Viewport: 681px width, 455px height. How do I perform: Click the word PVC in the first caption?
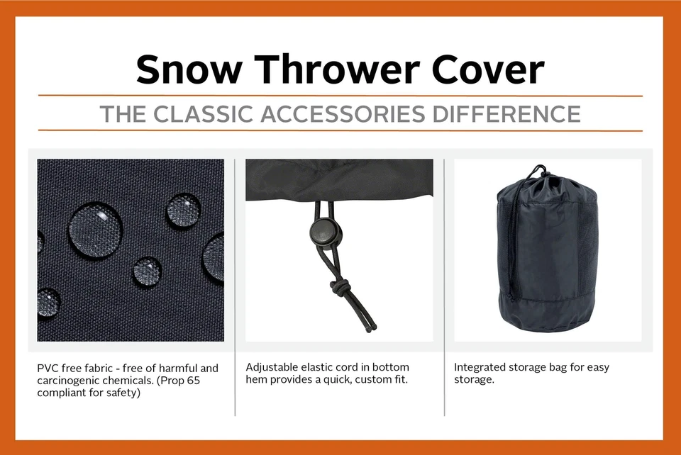(x=49, y=369)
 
